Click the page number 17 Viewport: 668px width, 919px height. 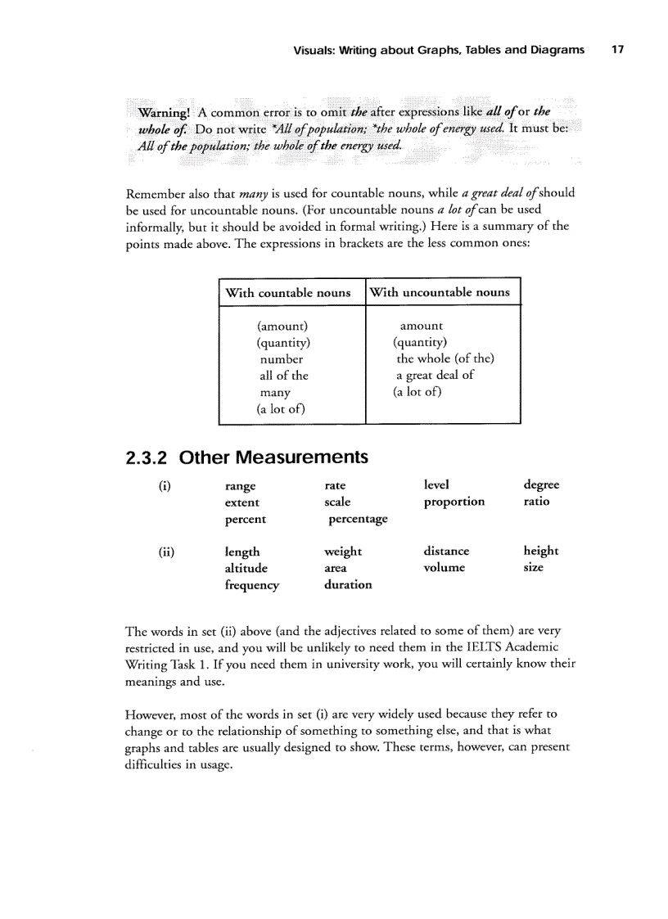click(617, 50)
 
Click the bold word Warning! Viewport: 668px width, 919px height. click(165, 112)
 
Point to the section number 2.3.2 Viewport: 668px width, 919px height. click(148, 457)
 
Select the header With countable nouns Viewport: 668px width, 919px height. click(288, 293)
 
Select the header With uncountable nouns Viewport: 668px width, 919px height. click(440, 292)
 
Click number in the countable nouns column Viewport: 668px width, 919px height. click(282, 359)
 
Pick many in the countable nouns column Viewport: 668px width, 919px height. click(275, 393)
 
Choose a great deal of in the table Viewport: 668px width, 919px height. click(435, 375)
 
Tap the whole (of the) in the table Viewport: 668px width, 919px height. click(445, 358)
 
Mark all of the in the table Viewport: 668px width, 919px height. click(284, 376)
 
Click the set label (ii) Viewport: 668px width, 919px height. click(165, 552)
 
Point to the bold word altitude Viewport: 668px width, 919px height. click(246, 568)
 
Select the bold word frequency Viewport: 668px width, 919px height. click(251, 585)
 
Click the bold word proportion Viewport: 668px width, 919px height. click(454, 502)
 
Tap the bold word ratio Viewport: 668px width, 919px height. click(536, 502)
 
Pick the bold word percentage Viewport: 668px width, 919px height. click(358, 519)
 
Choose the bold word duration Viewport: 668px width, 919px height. click(348, 585)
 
